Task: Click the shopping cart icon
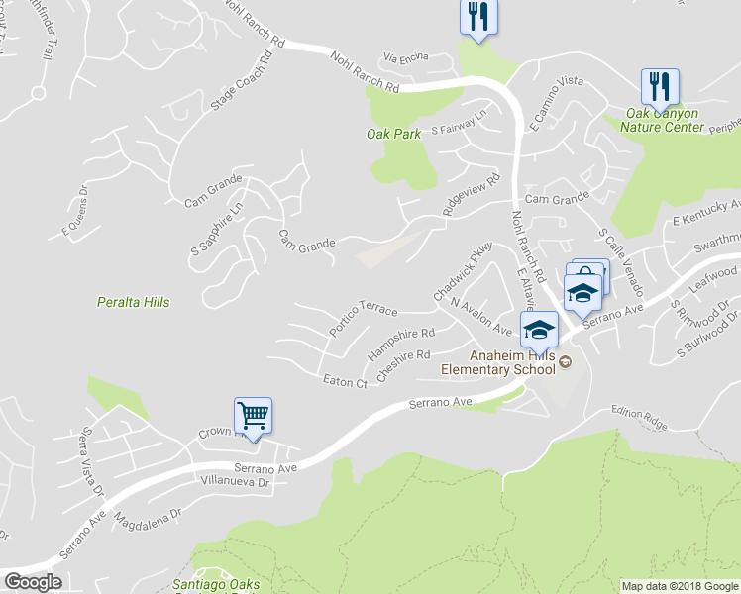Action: click(x=253, y=416)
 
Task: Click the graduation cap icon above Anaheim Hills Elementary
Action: click(x=539, y=329)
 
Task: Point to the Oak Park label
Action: click(x=387, y=133)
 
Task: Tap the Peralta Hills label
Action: click(x=134, y=302)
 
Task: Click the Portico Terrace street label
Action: click(x=364, y=317)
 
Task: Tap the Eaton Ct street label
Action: click(x=346, y=380)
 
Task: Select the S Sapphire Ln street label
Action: click(x=217, y=229)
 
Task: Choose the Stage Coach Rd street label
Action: click(x=239, y=87)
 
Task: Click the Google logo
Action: click(x=33, y=582)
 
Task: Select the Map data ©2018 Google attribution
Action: click(x=680, y=586)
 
